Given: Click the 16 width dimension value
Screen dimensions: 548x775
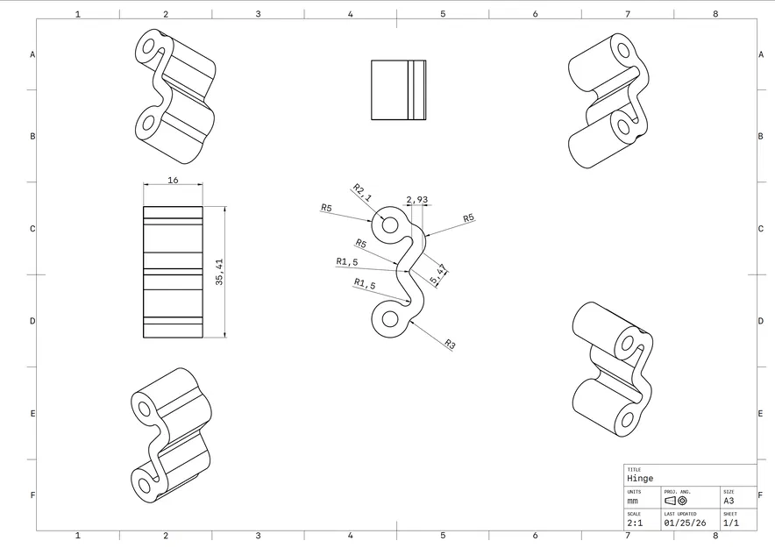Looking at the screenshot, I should point(173,179).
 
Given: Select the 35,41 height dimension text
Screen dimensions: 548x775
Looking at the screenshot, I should point(219,272).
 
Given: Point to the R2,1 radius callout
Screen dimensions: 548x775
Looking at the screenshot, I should point(362,193).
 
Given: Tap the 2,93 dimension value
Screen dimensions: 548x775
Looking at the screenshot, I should point(417,200).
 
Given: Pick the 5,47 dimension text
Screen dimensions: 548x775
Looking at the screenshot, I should point(438,274).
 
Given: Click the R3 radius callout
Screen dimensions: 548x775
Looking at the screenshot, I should point(450,345).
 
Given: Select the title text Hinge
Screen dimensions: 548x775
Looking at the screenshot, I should point(640,479).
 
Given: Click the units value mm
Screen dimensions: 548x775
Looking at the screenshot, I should point(633,501).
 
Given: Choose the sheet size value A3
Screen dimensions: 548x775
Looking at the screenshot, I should point(729,501).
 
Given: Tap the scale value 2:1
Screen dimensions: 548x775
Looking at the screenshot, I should point(634,523).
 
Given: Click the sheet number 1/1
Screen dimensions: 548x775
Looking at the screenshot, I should point(729,523).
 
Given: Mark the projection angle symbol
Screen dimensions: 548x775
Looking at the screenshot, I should point(676,501).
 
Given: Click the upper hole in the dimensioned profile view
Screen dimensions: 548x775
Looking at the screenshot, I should point(390,225).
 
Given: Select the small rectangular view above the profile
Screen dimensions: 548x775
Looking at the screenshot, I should point(398,89).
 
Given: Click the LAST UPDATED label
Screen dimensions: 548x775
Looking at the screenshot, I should point(680,514).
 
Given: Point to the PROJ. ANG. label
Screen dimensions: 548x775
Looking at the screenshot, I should point(677,492).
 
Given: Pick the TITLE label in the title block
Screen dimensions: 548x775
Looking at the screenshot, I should point(634,470).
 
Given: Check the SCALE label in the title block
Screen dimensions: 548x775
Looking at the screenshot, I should point(634,514).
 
